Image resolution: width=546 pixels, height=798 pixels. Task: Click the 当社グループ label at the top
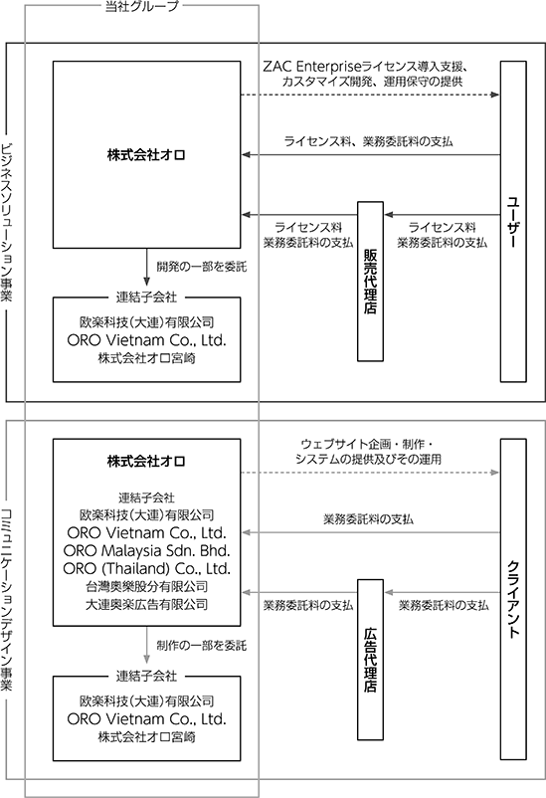[x=142, y=6]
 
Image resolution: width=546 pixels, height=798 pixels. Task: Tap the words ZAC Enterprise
[x=311, y=67]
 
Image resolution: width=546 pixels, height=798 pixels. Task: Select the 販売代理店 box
[x=370, y=282]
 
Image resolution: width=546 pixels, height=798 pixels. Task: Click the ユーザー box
[x=513, y=221]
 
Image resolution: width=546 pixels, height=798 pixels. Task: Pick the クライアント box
[x=513, y=599]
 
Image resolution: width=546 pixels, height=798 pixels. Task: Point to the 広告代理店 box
[x=370, y=660]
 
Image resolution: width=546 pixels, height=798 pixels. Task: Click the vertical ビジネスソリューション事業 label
[x=7, y=223]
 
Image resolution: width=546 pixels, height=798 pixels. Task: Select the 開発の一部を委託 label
[x=202, y=267]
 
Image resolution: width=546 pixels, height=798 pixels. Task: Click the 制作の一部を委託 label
[x=202, y=646]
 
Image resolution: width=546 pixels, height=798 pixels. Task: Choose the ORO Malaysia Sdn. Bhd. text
[x=146, y=550]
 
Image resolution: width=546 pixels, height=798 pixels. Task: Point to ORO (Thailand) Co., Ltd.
[x=146, y=568]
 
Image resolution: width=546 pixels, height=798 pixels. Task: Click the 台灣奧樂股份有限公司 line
[x=146, y=586]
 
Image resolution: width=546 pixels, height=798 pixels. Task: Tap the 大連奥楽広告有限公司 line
[x=146, y=604]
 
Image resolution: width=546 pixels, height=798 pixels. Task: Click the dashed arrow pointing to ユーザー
[x=370, y=95]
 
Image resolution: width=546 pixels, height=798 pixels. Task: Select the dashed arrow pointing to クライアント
[x=370, y=473]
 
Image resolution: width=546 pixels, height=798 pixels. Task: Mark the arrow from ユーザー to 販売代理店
[x=443, y=215]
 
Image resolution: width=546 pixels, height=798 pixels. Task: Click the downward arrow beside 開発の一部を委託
[x=146, y=268]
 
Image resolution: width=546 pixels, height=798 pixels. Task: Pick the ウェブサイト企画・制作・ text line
[x=367, y=445]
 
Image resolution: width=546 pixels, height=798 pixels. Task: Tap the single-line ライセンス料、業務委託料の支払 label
[x=368, y=141]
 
